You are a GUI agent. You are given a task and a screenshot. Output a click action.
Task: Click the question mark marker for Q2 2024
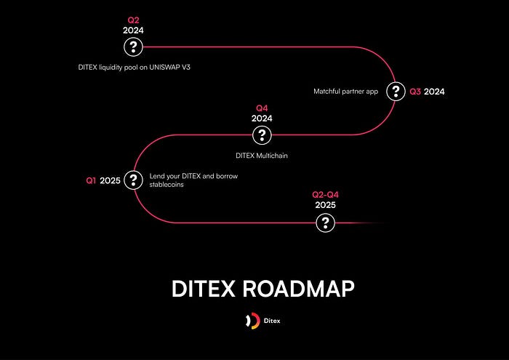133,47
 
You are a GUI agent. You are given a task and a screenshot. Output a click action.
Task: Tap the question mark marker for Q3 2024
395,92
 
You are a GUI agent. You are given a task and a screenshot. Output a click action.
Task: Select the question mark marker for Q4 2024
262,135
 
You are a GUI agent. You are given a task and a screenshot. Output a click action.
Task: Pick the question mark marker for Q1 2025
133,180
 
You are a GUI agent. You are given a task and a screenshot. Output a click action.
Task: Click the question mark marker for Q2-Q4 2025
325,223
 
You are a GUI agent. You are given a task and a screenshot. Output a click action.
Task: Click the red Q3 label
415,92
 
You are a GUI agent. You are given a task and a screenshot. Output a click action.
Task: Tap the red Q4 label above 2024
262,108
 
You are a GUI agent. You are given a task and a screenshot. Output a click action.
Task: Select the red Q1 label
92,180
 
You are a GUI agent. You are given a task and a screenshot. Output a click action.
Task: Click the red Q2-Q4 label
325,195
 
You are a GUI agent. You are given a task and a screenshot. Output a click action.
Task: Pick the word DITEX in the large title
203,289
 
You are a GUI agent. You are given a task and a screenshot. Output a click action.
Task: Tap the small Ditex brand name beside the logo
270,321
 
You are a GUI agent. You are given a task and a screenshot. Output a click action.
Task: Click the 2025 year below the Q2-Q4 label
325,205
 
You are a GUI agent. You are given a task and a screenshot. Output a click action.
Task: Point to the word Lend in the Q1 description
156,176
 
